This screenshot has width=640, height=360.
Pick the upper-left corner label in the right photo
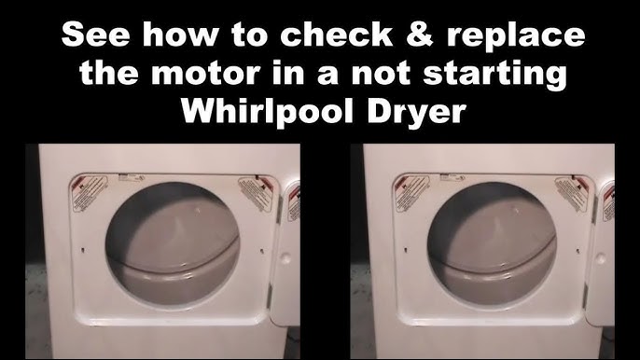(409, 192)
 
